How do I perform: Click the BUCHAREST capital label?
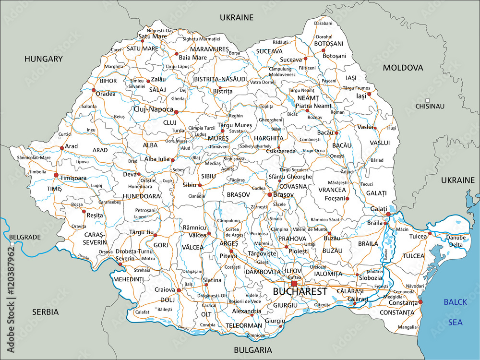click(300, 291)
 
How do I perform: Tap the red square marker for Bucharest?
click(294, 284)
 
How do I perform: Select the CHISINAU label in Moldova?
click(430, 106)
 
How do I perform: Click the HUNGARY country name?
click(44, 59)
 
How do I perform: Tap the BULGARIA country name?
click(253, 350)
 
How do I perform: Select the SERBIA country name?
click(45, 312)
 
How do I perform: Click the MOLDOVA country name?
click(403, 68)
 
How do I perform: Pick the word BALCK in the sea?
click(455, 302)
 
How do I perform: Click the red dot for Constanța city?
click(420, 302)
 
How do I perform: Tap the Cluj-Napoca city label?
click(154, 109)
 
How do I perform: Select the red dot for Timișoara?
click(56, 175)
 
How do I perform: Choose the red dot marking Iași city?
click(369, 94)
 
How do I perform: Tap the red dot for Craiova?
click(179, 290)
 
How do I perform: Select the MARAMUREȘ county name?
click(209, 49)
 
